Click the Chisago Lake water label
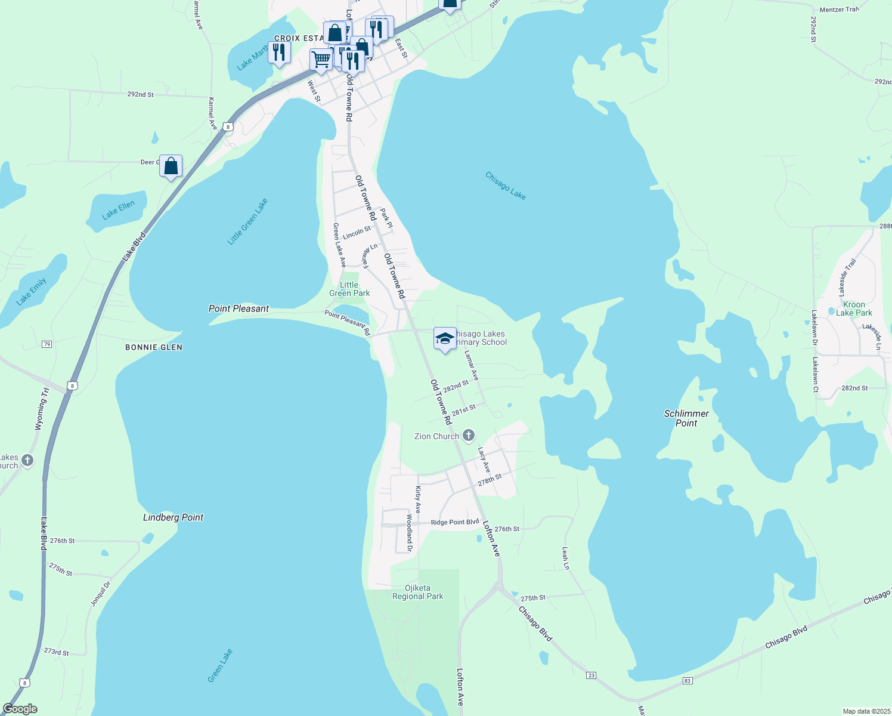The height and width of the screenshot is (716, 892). (x=506, y=186)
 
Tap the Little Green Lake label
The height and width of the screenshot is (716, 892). (x=248, y=221)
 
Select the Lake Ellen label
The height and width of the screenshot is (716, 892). (x=118, y=209)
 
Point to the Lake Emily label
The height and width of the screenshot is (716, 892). (x=32, y=291)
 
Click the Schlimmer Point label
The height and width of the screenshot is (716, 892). (x=686, y=418)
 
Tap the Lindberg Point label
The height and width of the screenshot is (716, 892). (x=173, y=517)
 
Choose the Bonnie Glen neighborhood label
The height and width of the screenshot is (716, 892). (x=154, y=347)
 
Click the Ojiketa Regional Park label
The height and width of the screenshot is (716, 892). (x=418, y=592)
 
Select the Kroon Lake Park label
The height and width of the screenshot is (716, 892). (x=854, y=308)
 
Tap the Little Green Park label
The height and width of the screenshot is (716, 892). (x=349, y=289)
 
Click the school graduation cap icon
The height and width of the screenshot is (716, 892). (x=445, y=339)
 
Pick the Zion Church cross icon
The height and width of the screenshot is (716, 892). (x=469, y=436)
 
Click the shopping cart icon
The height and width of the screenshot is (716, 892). (x=321, y=60)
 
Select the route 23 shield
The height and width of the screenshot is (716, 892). (x=591, y=675)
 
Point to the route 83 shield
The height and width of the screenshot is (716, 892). (x=687, y=680)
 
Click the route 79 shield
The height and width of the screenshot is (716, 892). (x=47, y=344)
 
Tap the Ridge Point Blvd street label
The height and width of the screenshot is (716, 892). (x=454, y=522)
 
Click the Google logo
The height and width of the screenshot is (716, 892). (x=20, y=709)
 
